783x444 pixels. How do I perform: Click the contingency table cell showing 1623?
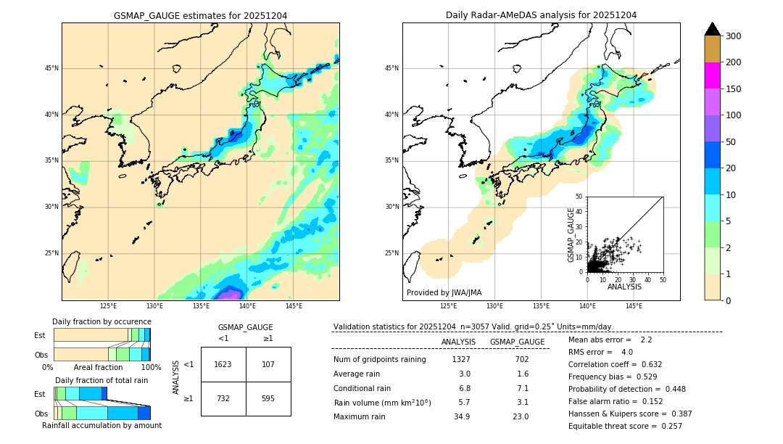tap(223, 364)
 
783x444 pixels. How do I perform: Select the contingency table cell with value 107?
tap(268, 364)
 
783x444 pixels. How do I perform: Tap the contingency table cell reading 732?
tap(223, 398)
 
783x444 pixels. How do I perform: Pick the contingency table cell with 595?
tap(268, 398)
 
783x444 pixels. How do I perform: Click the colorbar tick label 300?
tap(733, 36)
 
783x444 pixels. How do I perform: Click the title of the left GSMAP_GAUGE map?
tap(200, 15)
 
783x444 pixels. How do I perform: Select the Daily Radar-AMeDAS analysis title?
tap(541, 15)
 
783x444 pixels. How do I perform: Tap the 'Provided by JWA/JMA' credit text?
tap(444, 292)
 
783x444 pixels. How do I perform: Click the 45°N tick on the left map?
tap(51, 68)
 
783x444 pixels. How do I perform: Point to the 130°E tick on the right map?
tap(494, 307)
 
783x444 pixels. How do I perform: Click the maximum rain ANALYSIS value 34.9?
tap(462, 416)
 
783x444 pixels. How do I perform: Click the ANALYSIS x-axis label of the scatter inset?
tap(624, 287)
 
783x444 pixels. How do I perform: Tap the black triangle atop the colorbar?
tap(713, 29)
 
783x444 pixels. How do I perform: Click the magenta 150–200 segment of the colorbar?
tap(713, 75)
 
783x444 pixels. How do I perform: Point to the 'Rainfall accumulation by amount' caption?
tap(101, 425)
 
